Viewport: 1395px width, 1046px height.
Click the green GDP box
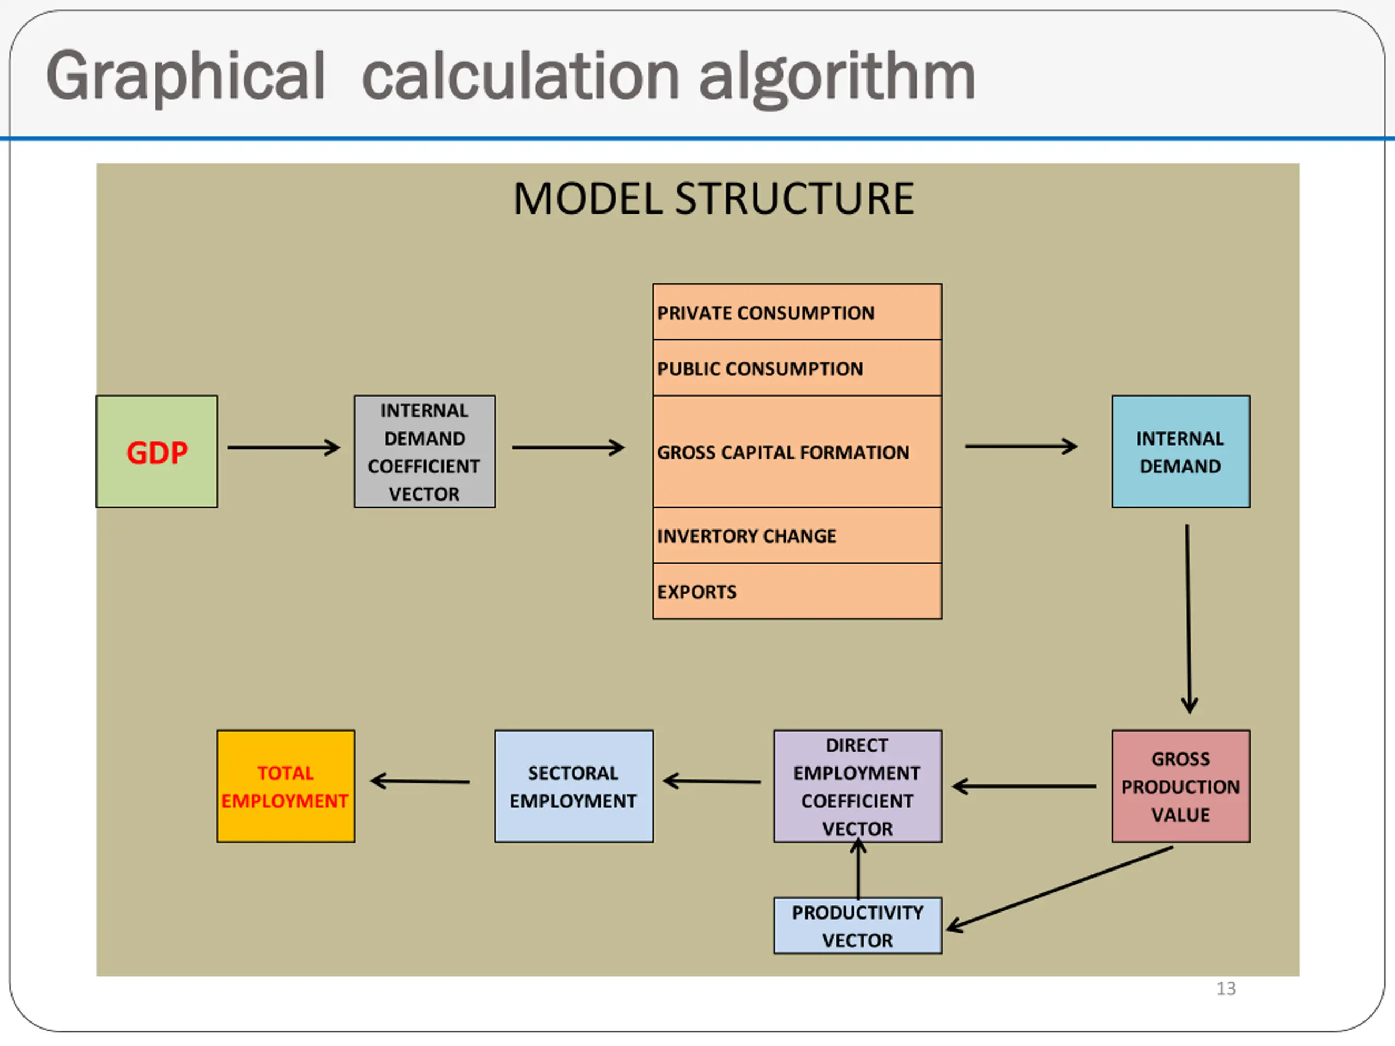pos(156,452)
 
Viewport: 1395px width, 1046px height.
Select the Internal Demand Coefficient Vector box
pos(424,452)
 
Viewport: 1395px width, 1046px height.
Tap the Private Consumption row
pos(797,312)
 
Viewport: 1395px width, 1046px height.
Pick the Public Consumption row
pos(797,368)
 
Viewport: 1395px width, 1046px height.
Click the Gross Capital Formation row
pos(797,452)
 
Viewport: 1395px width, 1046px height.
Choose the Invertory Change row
pos(797,536)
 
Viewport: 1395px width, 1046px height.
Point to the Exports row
pos(797,591)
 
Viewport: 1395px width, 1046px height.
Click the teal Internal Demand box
pos(1181,452)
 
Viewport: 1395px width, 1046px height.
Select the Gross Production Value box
pos(1181,786)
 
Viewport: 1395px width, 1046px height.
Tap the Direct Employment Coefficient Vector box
pos(858,786)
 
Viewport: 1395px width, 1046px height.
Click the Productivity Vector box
pos(858,926)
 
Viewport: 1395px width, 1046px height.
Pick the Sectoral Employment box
pos(574,786)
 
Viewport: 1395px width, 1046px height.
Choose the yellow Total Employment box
pos(286,786)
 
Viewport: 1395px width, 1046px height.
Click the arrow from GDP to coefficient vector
pos(284,448)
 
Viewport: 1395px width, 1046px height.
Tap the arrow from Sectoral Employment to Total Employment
pos(420,782)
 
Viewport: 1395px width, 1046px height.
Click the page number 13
pos(1226,988)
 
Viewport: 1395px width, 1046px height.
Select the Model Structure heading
pos(713,199)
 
